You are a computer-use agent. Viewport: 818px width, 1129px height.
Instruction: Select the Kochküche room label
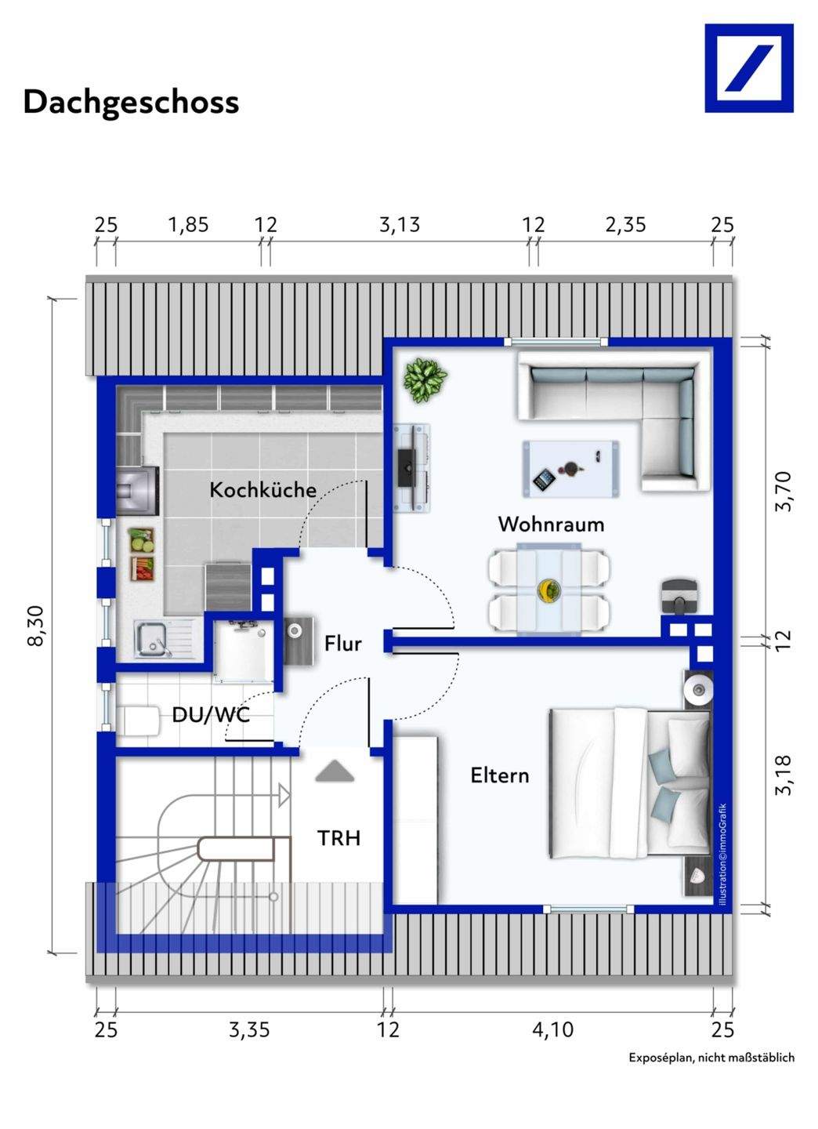(263, 490)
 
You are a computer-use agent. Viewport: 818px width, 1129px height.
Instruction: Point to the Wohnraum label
(551, 525)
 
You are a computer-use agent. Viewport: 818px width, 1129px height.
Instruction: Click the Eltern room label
(500, 775)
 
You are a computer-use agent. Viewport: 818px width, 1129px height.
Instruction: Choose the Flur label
(343, 644)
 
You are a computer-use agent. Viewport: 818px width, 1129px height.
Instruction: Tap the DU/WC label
(211, 715)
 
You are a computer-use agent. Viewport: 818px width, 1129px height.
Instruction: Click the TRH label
(339, 838)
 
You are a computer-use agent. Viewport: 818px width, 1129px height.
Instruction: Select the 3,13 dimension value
(400, 225)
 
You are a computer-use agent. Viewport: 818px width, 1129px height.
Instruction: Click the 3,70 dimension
(784, 492)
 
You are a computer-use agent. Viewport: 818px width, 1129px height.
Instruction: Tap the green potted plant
(425, 380)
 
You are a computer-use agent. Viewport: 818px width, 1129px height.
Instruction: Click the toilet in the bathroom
(138, 721)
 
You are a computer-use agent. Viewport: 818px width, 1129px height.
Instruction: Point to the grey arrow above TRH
(335, 771)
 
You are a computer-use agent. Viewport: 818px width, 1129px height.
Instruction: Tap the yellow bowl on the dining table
(548, 590)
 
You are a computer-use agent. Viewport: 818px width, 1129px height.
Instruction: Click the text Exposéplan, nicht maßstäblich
(711, 1082)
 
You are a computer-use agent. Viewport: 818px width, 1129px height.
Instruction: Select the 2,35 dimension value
(625, 225)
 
